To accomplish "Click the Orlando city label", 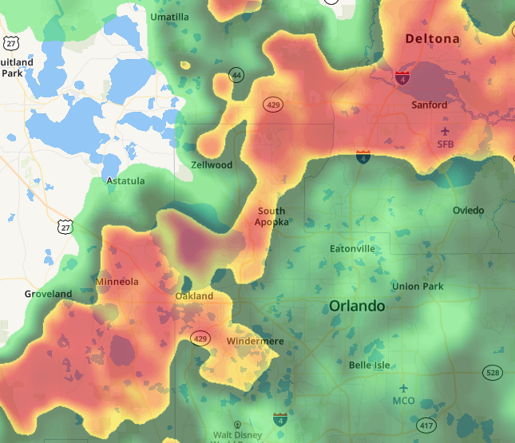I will click(x=357, y=307).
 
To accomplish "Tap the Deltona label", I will click(x=432, y=38).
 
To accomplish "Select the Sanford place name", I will click(x=429, y=105).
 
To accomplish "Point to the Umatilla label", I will click(x=170, y=17).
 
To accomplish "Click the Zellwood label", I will click(x=212, y=165).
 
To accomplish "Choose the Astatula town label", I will click(x=126, y=181).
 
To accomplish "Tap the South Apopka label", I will click(x=271, y=216).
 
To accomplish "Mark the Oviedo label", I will click(x=468, y=210).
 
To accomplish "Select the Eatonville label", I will click(x=352, y=249).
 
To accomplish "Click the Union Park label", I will click(x=417, y=287).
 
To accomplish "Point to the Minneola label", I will click(x=117, y=282).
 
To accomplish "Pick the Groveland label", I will click(x=48, y=294).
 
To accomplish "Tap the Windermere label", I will click(x=255, y=342).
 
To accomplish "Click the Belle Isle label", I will click(x=369, y=365).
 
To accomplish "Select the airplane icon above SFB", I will click(x=445, y=130).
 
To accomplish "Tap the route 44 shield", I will click(x=236, y=75).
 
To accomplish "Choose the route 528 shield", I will click(x=493, y=373).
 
